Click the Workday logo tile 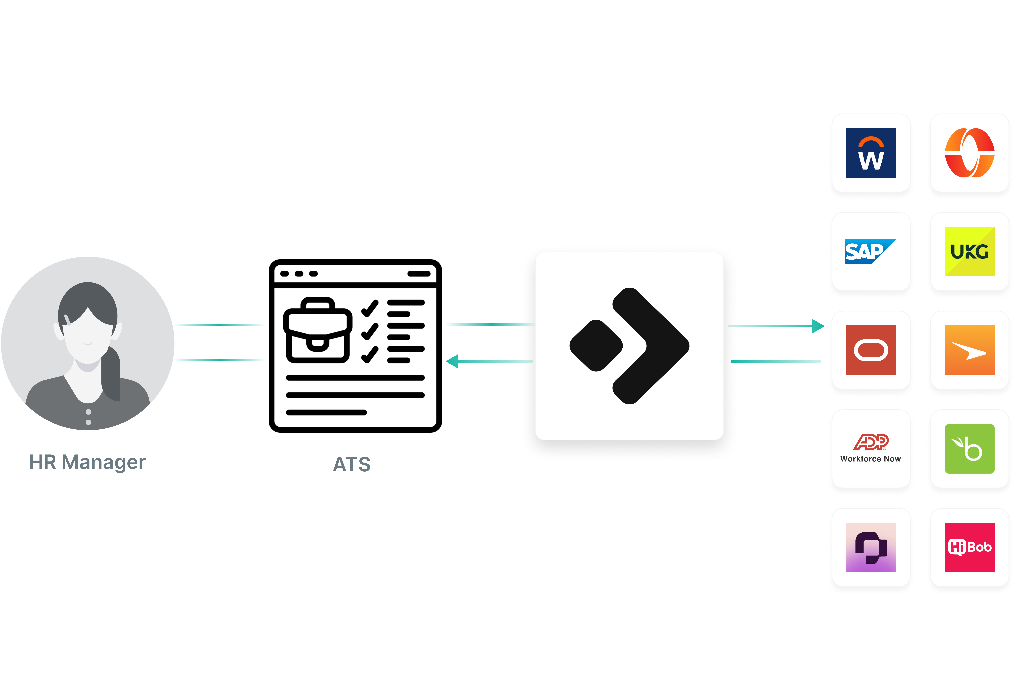click(x=871, y=153)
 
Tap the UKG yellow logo click(x=969, y=252)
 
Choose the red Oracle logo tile click(x=871, y=350)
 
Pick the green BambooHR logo click(x=969, y=449)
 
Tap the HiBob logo click(x=969, y=547)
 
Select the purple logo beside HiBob click(x=871, y=547)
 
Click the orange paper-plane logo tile click(x=969, y=350)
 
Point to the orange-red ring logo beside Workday click(x=969, y=153)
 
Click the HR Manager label click(x=87, y=462)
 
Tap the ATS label click(x=352, y=464)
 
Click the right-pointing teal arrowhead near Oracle click(x=818, y=326)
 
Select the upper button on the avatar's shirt click(x=88, y=412)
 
